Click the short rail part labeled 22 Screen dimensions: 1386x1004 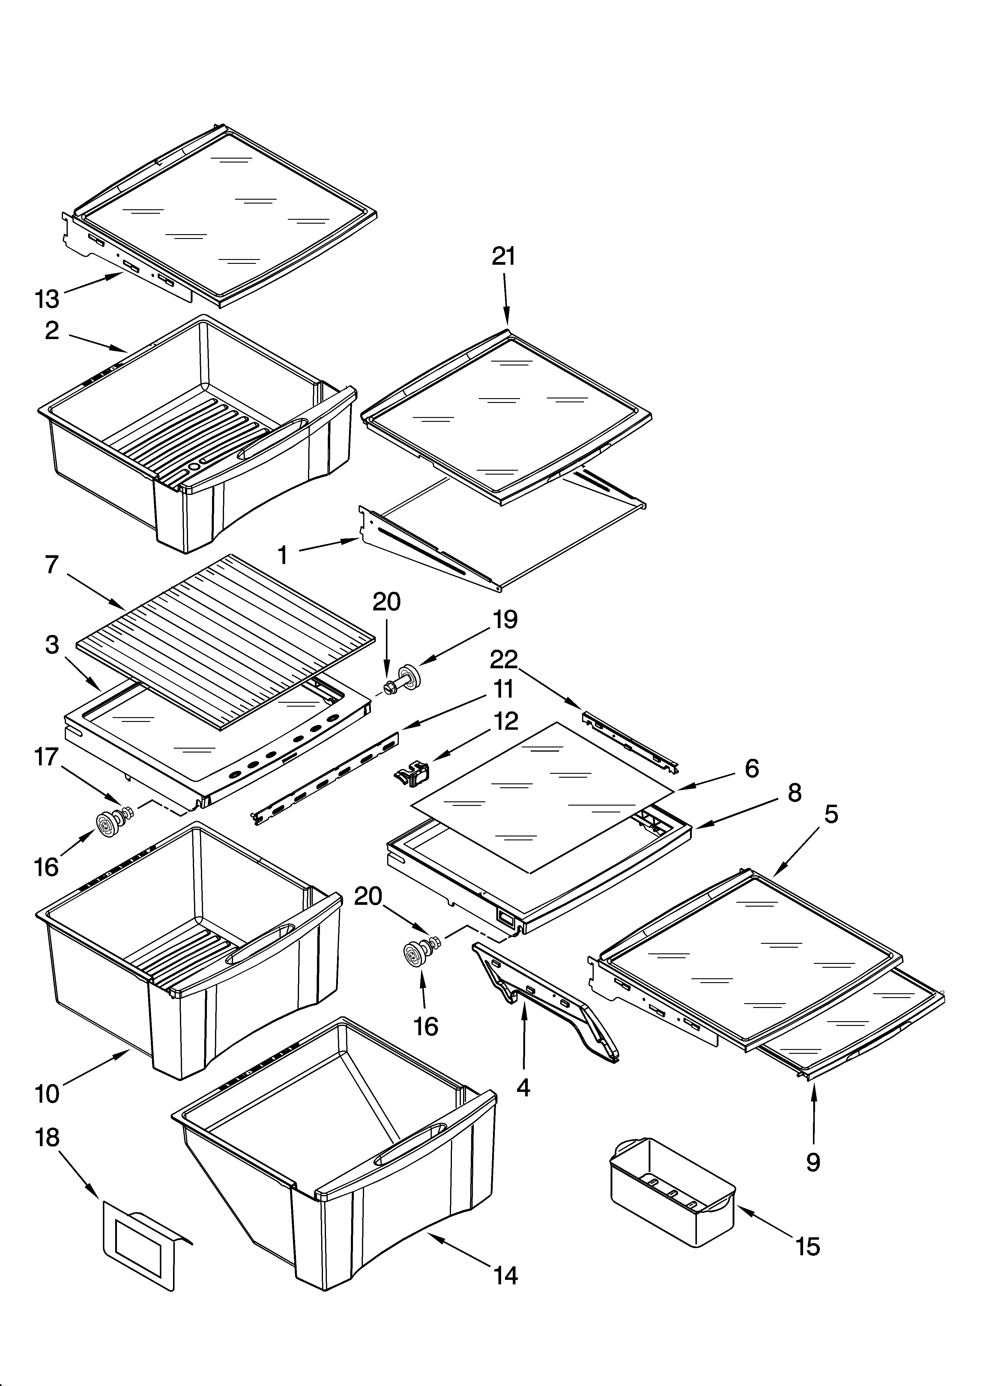[x=630, y=739]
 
